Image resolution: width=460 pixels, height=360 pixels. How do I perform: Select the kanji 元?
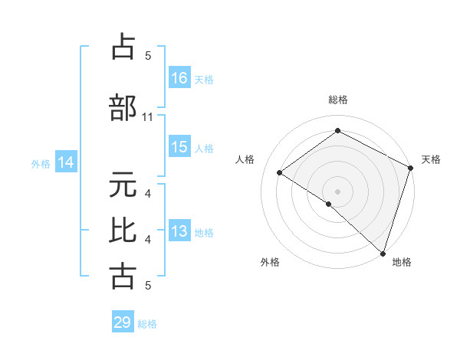click(123, 185)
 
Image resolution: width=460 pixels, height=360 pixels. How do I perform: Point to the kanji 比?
click(123, 230)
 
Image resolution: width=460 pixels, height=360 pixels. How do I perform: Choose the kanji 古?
click(123, 274)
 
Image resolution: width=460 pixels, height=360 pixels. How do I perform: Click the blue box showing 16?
click(179, 78)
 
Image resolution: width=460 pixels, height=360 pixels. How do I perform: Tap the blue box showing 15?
click(179, 148)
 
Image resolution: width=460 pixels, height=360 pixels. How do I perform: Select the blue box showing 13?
click(179, 231)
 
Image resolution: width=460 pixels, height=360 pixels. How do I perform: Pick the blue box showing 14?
click(66, 162)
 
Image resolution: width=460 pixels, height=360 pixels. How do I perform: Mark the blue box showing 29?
click(123, 322)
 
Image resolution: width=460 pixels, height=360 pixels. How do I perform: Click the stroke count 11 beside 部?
click(148, 117)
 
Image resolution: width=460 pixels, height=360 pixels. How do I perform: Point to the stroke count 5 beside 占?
click(148, 55)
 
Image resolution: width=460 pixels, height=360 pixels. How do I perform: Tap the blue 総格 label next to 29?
click(148, 324)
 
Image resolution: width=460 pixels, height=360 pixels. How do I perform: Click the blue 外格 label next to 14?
click(41, 163)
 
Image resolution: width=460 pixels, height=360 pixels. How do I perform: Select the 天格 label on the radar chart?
click(431, 159)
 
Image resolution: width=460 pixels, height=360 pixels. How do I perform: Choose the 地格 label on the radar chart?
click(402, 262)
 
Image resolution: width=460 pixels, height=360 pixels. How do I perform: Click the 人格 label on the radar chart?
click(245, 159)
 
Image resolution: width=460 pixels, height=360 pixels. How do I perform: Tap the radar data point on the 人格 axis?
click(280, 173)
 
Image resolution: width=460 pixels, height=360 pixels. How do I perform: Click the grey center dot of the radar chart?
click(337, 190)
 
